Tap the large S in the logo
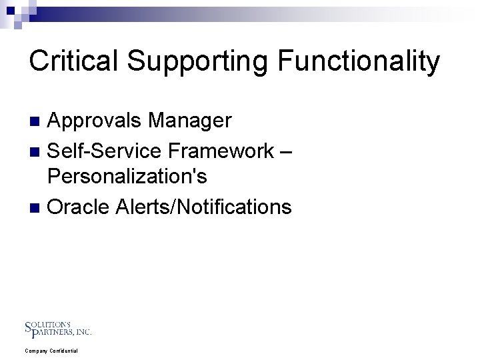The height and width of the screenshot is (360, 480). point(28,327)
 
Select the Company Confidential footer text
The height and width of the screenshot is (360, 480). point(51,351)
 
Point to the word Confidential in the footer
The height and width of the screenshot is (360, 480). point(63,351)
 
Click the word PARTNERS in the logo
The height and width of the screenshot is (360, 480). point(54,331)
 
